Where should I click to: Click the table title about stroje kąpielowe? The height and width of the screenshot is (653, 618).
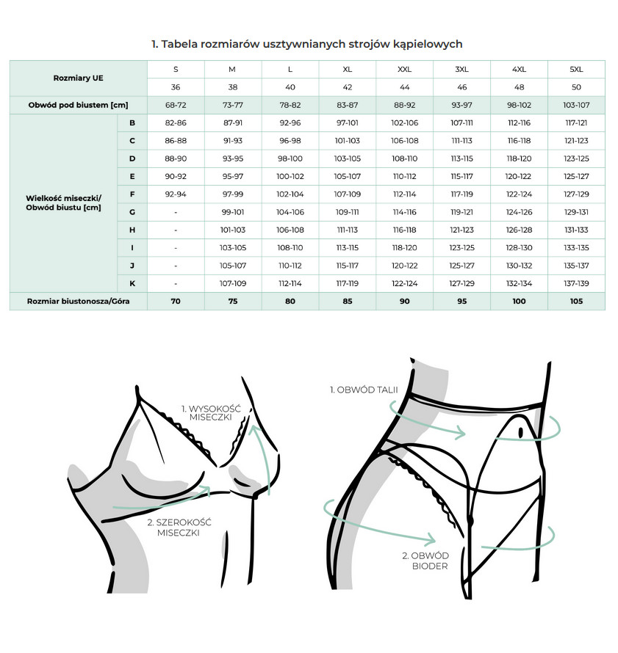(307, 44)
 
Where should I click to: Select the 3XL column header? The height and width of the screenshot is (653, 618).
(461, 70)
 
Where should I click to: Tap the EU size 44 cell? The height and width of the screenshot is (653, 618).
(404, 87)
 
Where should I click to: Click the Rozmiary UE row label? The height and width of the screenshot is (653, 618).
(79, 79)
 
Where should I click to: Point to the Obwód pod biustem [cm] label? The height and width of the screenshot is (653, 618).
(79, 106)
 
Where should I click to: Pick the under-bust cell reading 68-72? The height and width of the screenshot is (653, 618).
(176, 106)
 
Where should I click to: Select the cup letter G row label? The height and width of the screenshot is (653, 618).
(132, 212)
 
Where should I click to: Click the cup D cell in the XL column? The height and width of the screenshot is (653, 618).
(348, 158)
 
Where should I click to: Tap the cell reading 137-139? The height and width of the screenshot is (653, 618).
(576, 284)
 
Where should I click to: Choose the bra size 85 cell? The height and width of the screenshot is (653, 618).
(348, 302)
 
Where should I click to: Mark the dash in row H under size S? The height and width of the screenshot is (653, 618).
(176, 230)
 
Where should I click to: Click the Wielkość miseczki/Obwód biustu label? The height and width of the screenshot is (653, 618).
(63, 203)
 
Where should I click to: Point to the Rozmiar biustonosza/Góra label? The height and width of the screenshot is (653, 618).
(79, 302)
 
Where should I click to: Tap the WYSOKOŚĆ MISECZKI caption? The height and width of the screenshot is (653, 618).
(211, 412)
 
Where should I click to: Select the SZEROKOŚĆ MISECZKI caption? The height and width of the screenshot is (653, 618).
(179, 528)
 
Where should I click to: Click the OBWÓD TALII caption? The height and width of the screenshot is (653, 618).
(364, 390)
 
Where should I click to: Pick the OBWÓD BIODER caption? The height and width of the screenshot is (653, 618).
(426, 561)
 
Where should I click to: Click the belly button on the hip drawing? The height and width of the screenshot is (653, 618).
(521, 433)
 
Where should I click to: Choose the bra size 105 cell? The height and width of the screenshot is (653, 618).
(576, 302)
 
